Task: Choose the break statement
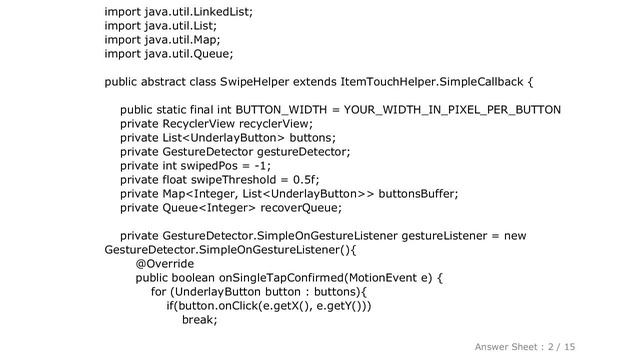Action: pos(199,320)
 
